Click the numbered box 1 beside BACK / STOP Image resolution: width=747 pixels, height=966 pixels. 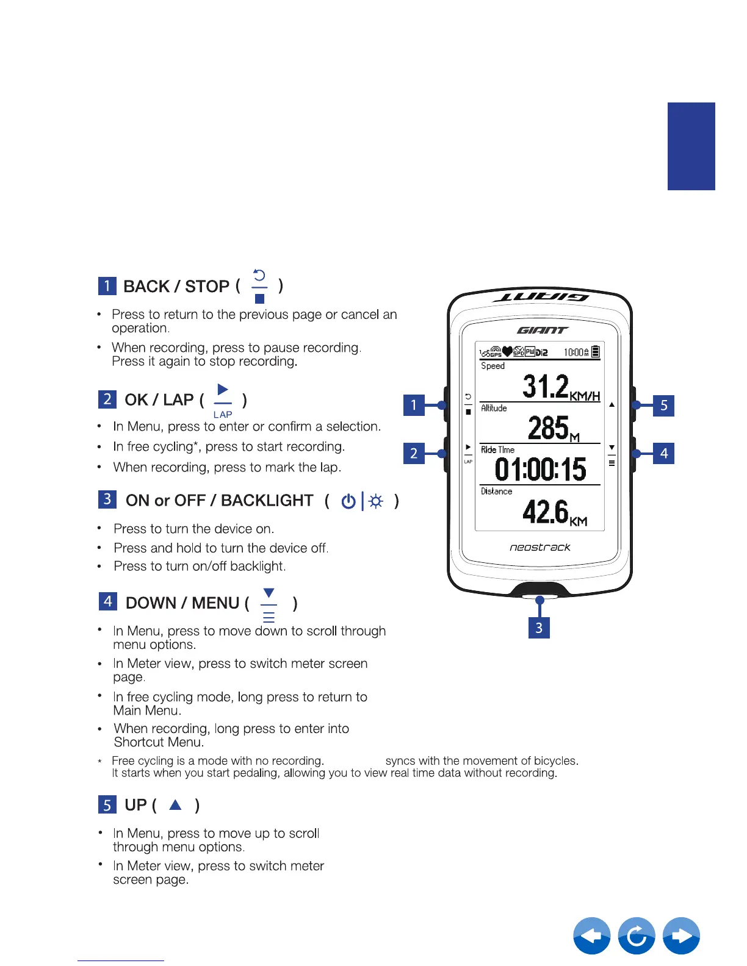[107, 286]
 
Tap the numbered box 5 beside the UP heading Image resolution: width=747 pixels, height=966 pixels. [107, 805]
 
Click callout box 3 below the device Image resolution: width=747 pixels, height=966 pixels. [539, 628]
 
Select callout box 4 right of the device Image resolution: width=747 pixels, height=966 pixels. [664, 453]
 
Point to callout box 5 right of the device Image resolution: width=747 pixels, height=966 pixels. [664, 406]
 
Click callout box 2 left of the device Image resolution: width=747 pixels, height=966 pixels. [414, 453]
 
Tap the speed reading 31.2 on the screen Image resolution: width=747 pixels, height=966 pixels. [546, 387]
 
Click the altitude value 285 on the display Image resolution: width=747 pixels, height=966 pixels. [548, 428]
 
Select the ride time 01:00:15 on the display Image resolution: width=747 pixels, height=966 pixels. [540, 470]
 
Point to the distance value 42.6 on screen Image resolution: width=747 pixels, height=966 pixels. [546, 512]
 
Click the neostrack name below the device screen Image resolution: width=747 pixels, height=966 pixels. [540, 548]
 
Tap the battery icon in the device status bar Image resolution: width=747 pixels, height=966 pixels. [596, 352]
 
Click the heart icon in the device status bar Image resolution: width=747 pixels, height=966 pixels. [507, 352]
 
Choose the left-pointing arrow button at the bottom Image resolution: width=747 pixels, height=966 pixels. [591, 936]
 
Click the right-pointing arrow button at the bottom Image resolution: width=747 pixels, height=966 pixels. [681, 936]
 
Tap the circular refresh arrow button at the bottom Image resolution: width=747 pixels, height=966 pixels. [637, 936]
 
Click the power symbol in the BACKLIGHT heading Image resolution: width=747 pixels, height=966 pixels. [348, 501]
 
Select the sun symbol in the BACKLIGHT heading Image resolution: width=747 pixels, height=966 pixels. [377, 501]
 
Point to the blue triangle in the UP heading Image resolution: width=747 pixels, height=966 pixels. [176, 805]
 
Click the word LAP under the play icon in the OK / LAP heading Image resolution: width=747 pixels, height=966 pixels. [223, 415]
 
